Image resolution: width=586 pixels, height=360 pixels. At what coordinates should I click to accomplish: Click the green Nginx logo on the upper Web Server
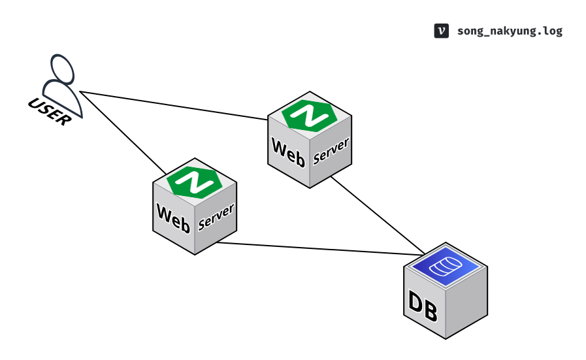[x=309, y=116]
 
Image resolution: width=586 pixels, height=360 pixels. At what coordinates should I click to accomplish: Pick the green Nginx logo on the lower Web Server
[x=194, y=181]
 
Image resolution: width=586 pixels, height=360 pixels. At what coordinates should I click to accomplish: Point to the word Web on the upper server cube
[x=288, y=150]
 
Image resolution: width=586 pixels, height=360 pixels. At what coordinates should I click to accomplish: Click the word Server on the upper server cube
[x=331, y=150]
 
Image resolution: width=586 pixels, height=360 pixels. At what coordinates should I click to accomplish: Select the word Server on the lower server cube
[x=216, y=216]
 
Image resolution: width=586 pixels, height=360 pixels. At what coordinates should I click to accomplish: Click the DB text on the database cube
[x=423, y=306]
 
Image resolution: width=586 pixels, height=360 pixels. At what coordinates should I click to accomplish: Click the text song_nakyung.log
[x=510, y=31]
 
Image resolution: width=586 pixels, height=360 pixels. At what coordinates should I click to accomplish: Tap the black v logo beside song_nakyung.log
[x=441, y=31]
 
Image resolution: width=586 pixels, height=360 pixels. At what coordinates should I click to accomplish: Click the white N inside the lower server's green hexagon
[x=194, y=181]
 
